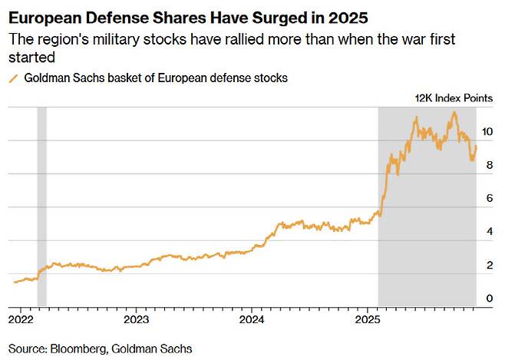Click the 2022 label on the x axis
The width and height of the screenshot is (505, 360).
tap(20, 318)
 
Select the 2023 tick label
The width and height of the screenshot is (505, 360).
tap(136, 318)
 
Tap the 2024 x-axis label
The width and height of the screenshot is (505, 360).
tap(252, 318)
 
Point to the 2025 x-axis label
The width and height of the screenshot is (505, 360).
tap(368, 318)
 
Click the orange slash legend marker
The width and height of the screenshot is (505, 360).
tap(12, 78)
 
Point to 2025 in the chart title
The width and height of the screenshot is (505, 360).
tap(350, 16)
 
